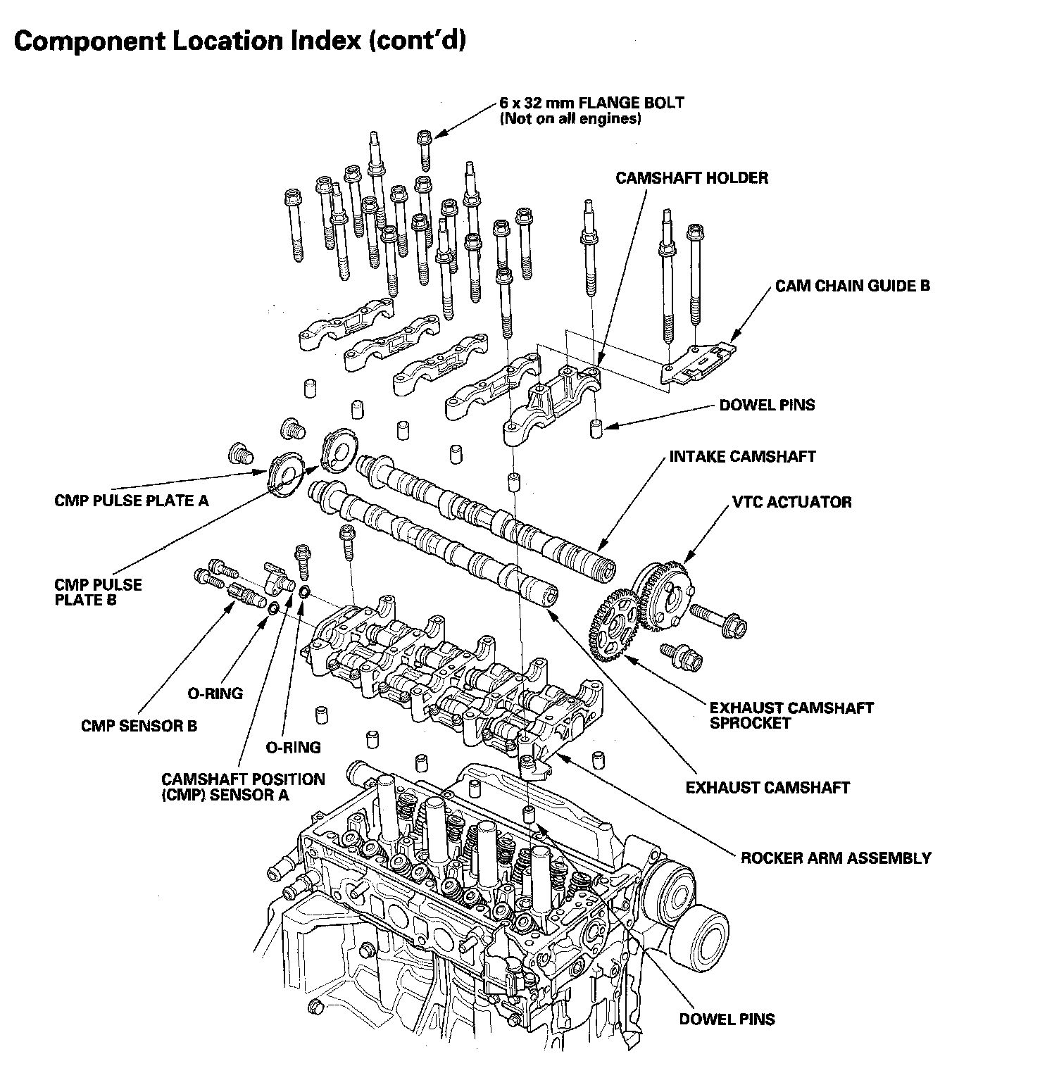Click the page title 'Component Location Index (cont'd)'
[x=240, y=42]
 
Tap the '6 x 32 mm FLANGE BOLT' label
[x=591, y=103]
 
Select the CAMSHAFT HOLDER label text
[x=691, y=177]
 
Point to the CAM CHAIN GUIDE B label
[x=853, y=285]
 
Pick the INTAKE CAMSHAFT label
[x=742, y=456]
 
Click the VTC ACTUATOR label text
[x=791, y=502]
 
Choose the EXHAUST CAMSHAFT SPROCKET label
[x=791, y=715]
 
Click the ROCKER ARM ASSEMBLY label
[x=836, y=858]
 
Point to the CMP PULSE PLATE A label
[x=132, y=501]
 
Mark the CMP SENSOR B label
[x=139, y=726]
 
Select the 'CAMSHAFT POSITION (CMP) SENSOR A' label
[x=243, y=787]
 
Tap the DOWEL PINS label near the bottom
[x=727, y=1019]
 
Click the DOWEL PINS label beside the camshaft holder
[x=767, y=405]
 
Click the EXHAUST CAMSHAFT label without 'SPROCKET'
[x=767, y=787]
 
